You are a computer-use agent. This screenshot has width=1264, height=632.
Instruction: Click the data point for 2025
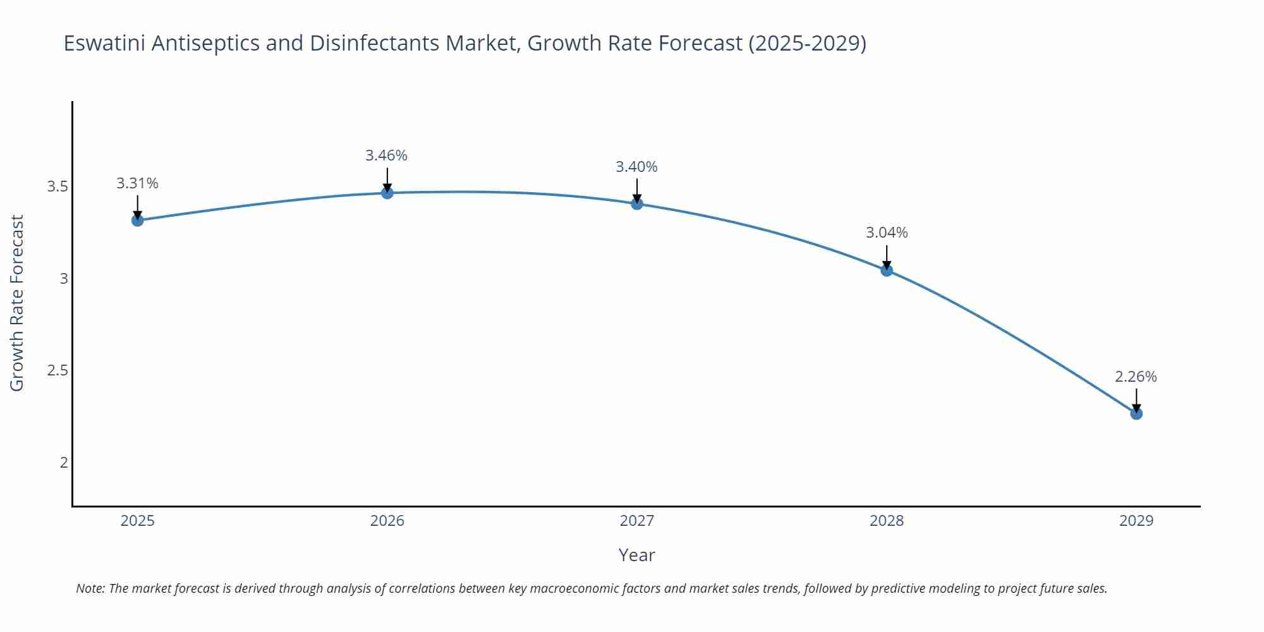137,220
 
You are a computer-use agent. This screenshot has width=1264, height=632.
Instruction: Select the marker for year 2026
387,193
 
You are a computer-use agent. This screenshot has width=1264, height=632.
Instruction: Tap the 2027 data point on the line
637,204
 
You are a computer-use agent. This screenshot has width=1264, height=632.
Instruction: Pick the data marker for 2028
887,270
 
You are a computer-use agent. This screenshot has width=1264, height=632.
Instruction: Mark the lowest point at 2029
1136,413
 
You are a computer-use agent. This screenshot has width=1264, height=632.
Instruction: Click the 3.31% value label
137,183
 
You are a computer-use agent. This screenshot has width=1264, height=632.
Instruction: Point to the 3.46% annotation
386,155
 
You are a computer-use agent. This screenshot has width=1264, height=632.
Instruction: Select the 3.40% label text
636,167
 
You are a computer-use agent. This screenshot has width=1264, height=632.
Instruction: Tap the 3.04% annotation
887,233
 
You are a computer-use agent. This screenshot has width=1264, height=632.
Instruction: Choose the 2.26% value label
1136,377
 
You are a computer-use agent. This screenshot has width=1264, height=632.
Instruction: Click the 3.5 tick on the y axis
58,186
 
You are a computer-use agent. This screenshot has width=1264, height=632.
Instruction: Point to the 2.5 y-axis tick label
58,370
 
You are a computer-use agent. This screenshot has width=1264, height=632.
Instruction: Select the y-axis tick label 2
64,462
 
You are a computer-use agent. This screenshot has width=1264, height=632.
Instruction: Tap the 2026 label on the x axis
387,521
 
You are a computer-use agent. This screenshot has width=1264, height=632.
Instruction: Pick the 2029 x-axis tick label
1136,521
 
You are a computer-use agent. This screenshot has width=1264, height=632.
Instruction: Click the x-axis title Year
636,555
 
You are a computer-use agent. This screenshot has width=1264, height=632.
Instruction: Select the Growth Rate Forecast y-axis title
17,303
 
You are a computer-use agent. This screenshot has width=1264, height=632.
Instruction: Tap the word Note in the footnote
89,588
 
